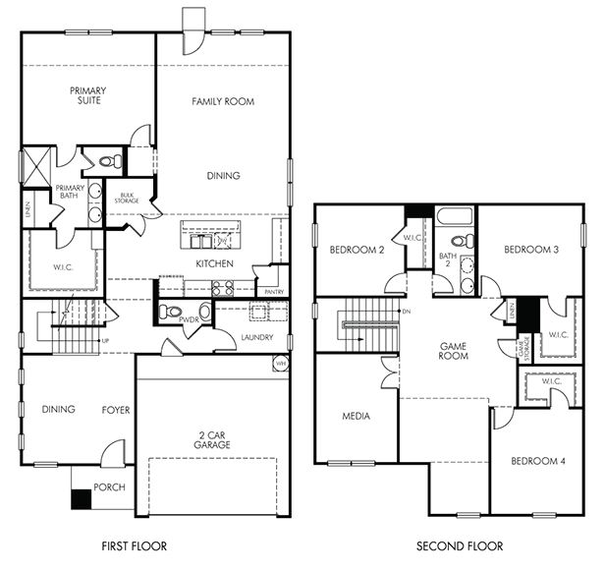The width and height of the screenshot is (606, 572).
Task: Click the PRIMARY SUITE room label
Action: click(87, 95)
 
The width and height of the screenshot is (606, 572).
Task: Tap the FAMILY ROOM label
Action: click(223, 101)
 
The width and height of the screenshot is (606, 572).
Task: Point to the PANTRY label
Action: click(270, 292)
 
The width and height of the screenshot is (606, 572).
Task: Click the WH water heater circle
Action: click(278, 363)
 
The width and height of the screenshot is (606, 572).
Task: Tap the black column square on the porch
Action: click(81, 497)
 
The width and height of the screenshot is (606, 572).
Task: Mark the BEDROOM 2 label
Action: click(356, 250)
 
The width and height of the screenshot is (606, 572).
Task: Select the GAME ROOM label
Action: click(453, 351)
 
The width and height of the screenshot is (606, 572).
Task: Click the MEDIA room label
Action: click(356, 416)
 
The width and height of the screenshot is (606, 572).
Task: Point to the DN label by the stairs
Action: click(406, 312)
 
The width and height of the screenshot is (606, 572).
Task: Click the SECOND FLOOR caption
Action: click(459, 545)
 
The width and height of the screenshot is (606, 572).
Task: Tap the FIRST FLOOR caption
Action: click(135, 545)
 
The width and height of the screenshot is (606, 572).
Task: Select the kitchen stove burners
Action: click(223, 287)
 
